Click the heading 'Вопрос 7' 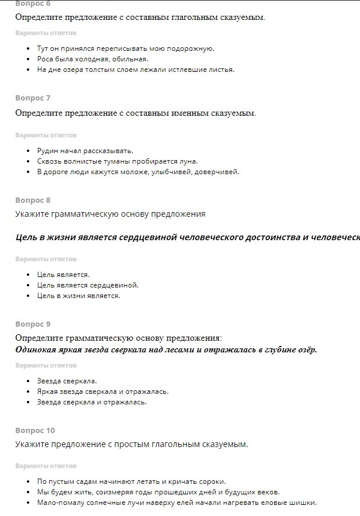[33, 98]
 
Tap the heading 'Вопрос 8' [33, 200]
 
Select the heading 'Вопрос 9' [33, 324]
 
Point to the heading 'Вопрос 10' [35, 431]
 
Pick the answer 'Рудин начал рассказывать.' [85, 151]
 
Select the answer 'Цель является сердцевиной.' [88, 285]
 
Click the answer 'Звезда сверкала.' [67, 381]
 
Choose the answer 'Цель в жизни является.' [78, 296]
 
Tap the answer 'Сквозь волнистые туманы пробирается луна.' [117, 161]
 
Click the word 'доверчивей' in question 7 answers [220, 172]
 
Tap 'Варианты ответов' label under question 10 [46, 466]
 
